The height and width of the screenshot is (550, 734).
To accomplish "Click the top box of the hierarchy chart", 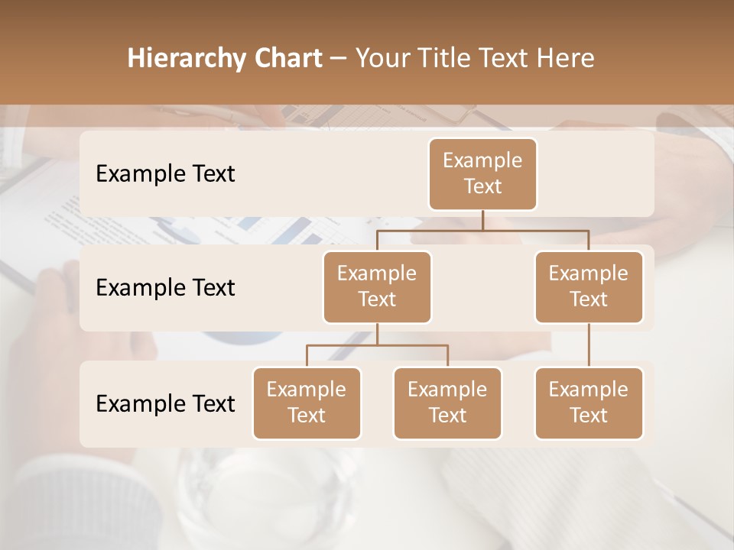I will pyautogui.click(x=482, y=173).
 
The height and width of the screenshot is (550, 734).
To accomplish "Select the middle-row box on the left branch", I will pyautogui.click(x=377, y=286).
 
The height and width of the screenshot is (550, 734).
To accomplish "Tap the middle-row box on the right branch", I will pyautogui.click(x=589, y=286).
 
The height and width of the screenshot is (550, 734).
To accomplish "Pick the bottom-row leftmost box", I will pyautogui.click(x=307, y=403).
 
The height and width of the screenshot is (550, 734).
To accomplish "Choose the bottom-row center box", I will pyautogui.click(x=447, y=403).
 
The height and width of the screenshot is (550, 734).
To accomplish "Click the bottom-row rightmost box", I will pyautogui.click(x=589, y=403).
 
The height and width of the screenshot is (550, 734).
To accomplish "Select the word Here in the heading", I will pyautogui.click(x=566, y=58).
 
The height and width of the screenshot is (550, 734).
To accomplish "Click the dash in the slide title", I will pyautogui.click(x=339, y=59).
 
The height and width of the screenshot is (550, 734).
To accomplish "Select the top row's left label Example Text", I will pyautogui.click(x=165, y=173).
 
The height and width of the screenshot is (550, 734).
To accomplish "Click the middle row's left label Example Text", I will pyautogui.click(x=165, y=287).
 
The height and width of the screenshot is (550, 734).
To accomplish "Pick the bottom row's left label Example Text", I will pyautogui.click(x=165, y=403).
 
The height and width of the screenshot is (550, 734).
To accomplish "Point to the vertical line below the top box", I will pyautogui.click(x=482, y=220).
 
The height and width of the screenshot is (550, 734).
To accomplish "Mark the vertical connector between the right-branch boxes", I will pyautogui.click(x=589, y=345).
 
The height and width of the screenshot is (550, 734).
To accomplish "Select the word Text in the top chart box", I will pyautogui.click(x=482, y=186).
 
